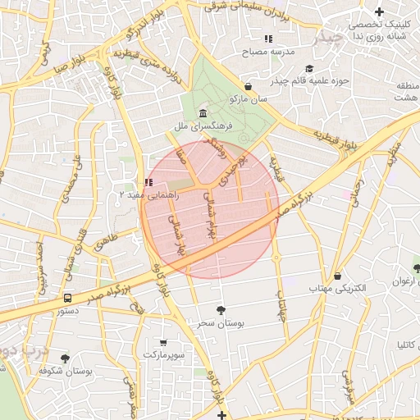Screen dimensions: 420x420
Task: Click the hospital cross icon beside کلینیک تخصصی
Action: tap(379, 11)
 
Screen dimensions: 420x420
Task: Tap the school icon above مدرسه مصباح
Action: tap(267, 39)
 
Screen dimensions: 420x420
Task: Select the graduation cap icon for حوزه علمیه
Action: tap(309, 69)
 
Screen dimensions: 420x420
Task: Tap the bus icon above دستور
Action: tap(67, 299)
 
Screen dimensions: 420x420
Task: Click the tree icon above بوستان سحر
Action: tap(221, 310)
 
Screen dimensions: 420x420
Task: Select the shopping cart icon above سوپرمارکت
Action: tap(163, 342)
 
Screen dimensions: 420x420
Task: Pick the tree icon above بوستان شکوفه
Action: tap(65, 358)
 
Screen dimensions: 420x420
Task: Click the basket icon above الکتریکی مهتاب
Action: tap(337, 276)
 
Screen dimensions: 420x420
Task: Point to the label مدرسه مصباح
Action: tap(267, 52)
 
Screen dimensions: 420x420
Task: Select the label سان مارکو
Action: tap(248, 99)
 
